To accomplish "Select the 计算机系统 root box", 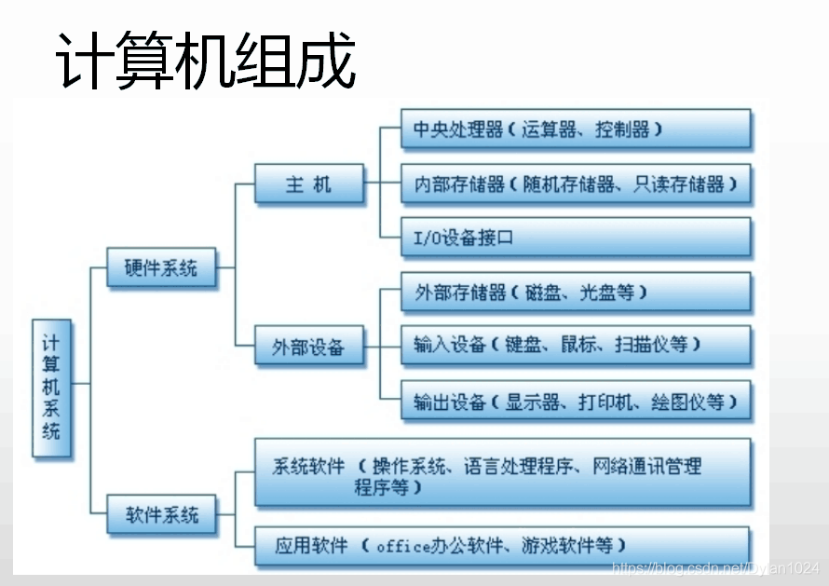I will coord(51,387).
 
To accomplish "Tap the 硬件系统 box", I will coord(161,268).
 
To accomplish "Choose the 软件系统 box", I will coord(161,513).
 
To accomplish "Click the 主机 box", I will coord(308,184).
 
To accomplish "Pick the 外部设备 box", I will coord(308,348).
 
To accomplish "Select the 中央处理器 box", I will coord(576,129).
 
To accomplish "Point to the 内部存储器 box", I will coord(576,184).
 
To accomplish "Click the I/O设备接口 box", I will coord(576,238).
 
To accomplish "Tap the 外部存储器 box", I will coord(576,292).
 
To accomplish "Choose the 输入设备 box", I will coord(576,345).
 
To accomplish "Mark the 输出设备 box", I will coord(576,402).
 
